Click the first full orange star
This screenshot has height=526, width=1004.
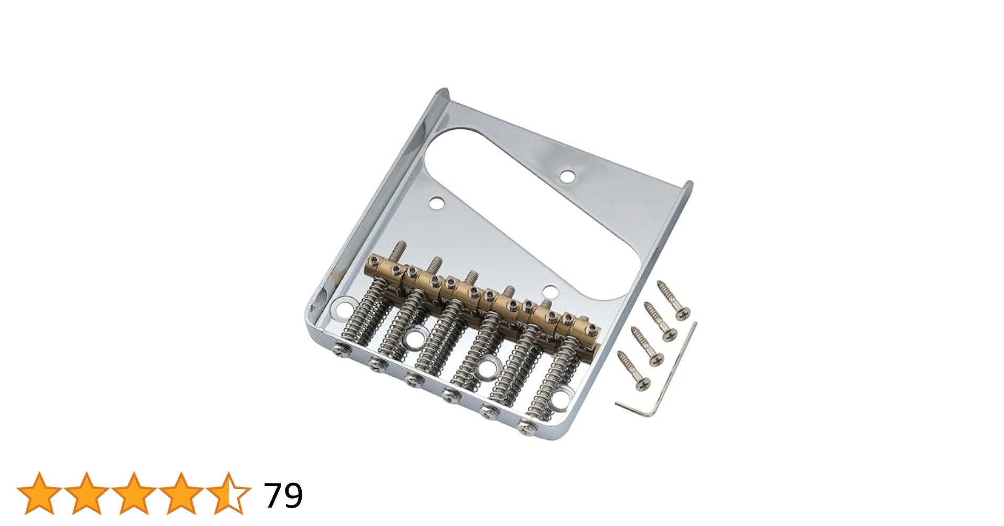click(39, 493)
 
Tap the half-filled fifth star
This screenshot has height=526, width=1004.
click(229, 493)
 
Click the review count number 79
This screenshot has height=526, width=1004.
click(283, 495)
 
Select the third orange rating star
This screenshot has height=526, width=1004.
click(134, 493)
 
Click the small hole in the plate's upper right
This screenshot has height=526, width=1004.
click(567, 176)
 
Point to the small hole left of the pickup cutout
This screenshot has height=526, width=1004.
click(436, 203)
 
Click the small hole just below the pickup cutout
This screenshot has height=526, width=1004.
click(550, 291)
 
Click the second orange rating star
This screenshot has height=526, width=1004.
click(87, 493)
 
